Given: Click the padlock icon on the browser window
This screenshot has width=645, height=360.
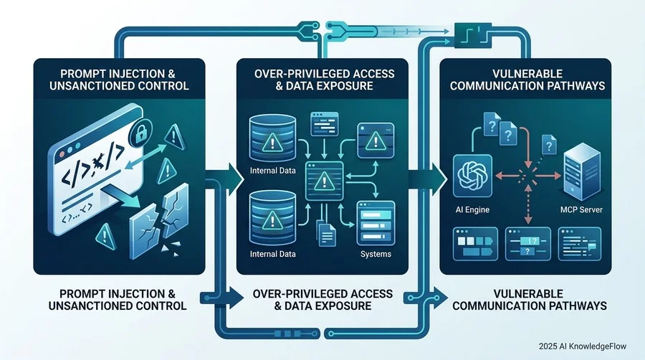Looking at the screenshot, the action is [x=140, y=133].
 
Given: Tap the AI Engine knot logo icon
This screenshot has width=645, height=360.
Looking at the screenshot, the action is [x=472, y=176].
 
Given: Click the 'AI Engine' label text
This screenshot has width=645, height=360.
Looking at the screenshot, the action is [x=472, y=209].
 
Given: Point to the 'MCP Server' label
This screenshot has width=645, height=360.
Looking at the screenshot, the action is [x=581, y=209].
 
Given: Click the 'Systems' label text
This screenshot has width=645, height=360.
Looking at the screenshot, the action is [x=376, y=254].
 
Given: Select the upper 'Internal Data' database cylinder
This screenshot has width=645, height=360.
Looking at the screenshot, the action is [x=272, y=138].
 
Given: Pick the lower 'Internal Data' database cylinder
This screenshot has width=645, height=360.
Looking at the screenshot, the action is [x=272, y=218].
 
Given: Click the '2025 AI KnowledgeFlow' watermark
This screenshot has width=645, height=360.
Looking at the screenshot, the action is [x=583, y=346].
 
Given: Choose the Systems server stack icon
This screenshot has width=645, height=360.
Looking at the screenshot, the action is [x=376, y=223].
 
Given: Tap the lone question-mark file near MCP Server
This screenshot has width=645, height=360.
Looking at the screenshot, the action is [x=549, y=144].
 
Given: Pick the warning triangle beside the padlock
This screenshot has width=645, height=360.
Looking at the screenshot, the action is [x=174, y=137].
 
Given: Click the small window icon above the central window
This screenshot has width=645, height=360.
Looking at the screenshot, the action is [x=325, y=123].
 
